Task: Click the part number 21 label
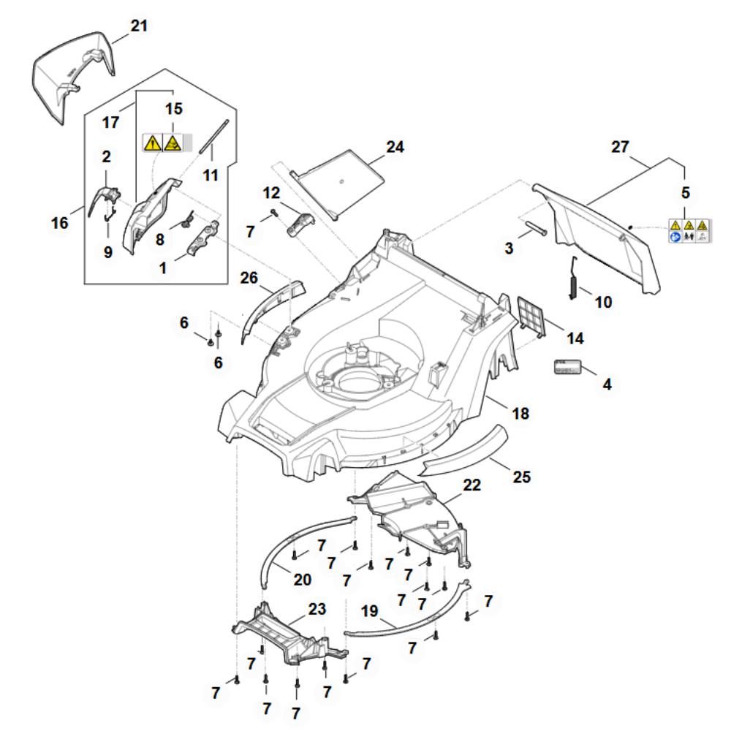[138, 26]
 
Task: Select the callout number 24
[395, 147]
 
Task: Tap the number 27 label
[621, 148]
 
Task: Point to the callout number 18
[520, 414]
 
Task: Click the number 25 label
[522, 477]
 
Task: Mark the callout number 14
[575, 338]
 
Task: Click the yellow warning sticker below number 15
[162, 143]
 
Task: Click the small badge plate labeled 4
[567, 367]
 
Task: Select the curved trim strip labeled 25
[464, 453]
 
